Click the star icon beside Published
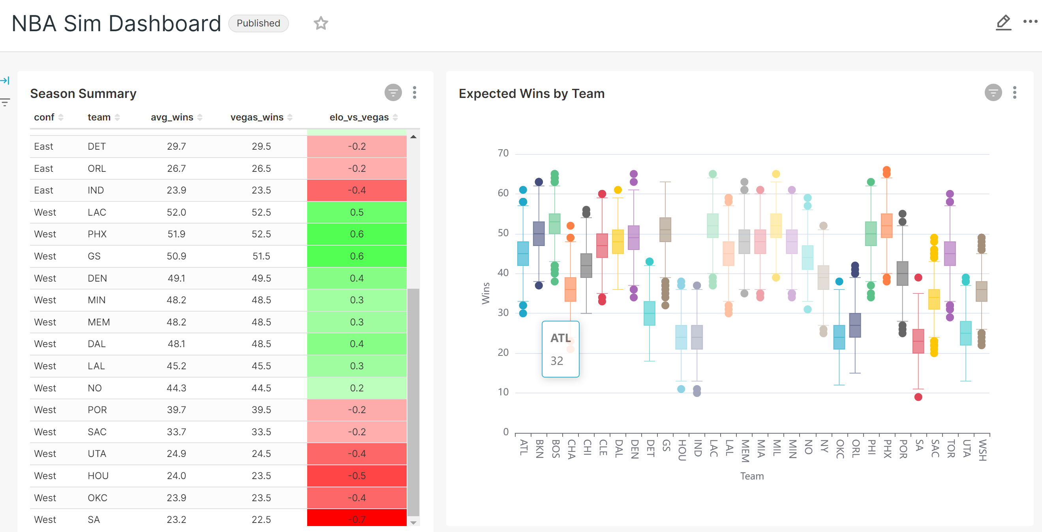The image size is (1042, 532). click(321, 23)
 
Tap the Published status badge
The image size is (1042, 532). click(258, 23)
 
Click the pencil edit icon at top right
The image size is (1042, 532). click(1003, 23)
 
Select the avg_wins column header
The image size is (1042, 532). click(172, 117)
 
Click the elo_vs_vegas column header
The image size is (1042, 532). click(359, 117)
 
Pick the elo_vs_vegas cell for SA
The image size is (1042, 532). click(357, 519)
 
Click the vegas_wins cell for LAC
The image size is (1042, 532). click(261, 212)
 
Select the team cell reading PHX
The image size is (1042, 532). click(97, 234)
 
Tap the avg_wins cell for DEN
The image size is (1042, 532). click(176, 278)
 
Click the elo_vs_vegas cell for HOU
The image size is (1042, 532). click(357, 476)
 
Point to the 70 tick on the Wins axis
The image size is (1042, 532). click(503, 153)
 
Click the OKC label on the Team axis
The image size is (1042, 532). click(840, 449)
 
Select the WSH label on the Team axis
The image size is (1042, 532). click(982, 450)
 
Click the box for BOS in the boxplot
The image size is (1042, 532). click(555, 224)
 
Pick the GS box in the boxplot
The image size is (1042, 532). click(665, 229)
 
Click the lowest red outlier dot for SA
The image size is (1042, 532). click(918, 397)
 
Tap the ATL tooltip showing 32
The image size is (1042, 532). click(560, 349)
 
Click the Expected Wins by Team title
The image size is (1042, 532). click(531, 94)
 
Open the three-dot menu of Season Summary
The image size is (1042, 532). click(414, 93)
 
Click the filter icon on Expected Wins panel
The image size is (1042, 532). click(993, 93)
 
